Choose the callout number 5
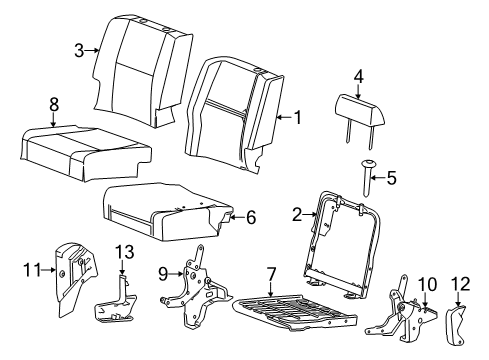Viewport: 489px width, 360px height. click(391, 179)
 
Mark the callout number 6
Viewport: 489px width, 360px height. click(252, 214)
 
